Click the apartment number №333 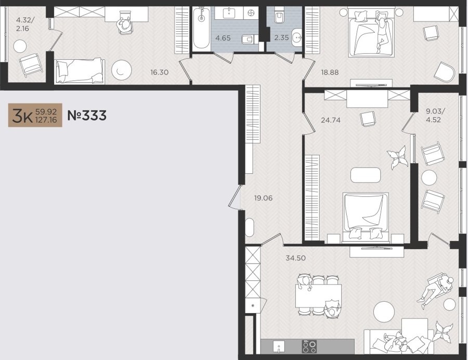coord(87,115)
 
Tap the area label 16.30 coord(160,72)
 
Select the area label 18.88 coord(330,72)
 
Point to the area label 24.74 coord(331,120)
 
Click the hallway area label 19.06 coord(263,198)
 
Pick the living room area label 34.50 coord(296,258)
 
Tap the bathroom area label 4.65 coord(223,38)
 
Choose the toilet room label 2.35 coord(281,37)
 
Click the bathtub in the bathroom coord(201,29)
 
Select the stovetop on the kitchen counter coord(309,346)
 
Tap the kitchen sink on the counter coord(279,347)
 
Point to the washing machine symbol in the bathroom coord(251,13)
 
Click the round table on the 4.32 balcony coord(20,46)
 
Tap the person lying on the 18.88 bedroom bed coord(381,31)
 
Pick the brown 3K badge coord(35,115)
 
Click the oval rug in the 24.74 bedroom coord(366,175)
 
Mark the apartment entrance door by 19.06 coord(235,197)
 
